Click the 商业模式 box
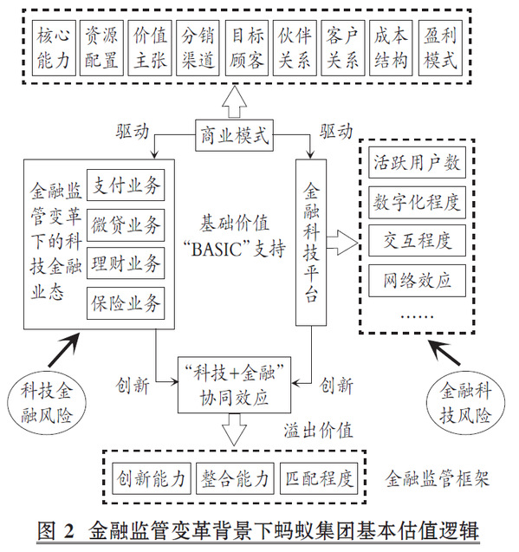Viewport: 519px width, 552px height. point(234,135)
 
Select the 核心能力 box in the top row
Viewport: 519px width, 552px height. point(54,48)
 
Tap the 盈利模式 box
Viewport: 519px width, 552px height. point(440,48)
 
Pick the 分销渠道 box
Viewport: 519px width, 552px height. point(198,48)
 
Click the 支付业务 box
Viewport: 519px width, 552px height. point(126,185)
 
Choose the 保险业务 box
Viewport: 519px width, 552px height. point(126,303)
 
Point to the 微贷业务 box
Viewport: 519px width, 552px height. point(126,225)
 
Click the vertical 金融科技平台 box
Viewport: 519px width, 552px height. point(311,243)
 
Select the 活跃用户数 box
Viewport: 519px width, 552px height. point(417,163)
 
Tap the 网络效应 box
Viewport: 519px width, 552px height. point(417,281)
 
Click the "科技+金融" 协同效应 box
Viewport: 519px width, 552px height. point(234,385)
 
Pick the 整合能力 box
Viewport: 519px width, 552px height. point(235,478)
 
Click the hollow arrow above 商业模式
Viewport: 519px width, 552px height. point(234,102)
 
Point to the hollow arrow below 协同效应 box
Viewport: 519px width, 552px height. point(234,430)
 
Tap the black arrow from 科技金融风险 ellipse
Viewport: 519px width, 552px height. point(63,350)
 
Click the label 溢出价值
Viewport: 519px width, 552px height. point(318,431)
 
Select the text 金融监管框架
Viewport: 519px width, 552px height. point(437,478)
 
